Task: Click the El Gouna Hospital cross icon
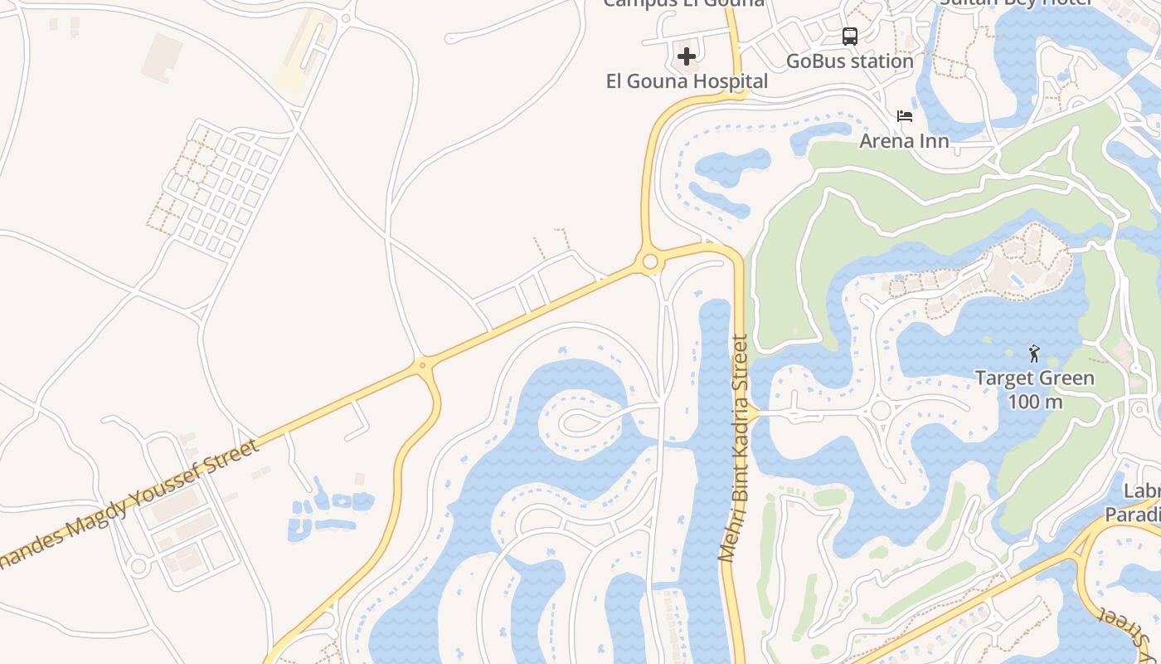[687, 56]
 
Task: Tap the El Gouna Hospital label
[687, 81]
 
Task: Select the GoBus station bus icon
[850, 37]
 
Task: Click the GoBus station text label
[849, 61]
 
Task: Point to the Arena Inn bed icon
[905, 116]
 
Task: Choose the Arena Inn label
[904, 140]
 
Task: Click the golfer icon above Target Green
[1034, 354]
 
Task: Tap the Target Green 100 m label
[1034, 389]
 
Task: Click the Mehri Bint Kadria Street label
[734, 448]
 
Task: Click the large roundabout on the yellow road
[650, 262]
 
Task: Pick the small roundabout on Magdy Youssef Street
[423, 364]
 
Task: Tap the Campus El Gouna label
[683, 3]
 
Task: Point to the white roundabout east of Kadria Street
[881, 410]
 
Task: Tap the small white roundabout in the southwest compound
[138, 567]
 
